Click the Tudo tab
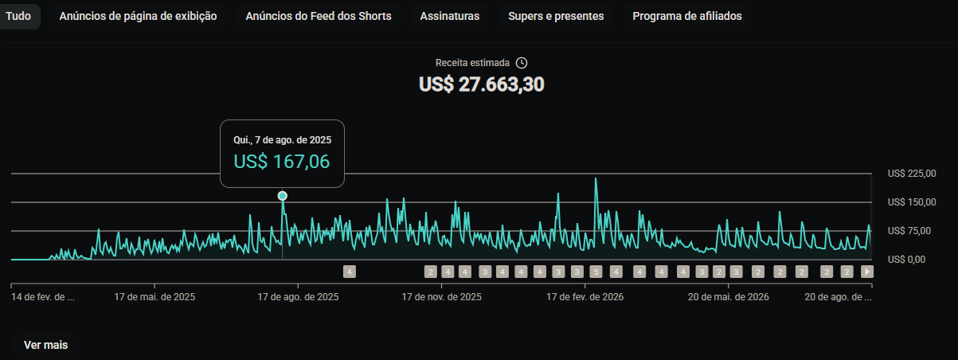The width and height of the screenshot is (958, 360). [18, 16]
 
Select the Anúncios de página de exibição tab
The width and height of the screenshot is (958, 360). [138, 16]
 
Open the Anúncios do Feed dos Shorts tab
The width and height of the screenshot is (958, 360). [319, 16]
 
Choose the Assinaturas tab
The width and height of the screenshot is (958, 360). [449, 16]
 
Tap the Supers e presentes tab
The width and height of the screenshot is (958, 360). [556, 16]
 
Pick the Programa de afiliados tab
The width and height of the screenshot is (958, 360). [687, 16]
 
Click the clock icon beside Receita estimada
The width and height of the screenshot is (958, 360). [522, 63]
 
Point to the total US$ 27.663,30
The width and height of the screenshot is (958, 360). [482, 84]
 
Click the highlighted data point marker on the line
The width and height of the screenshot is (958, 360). [282, 196]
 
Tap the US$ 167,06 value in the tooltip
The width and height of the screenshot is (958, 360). [281, 162]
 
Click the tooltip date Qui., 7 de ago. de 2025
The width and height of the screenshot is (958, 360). [282, 140]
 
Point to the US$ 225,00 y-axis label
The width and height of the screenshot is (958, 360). [912, 174]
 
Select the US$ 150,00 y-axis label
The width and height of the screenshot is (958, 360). [912, 202]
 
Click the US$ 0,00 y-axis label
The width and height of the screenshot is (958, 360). [906, 260]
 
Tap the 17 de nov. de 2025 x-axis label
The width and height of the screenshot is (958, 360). [441, 297]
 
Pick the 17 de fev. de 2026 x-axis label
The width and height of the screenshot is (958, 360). [585, 297]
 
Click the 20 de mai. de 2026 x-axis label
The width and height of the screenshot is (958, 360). [728, 297]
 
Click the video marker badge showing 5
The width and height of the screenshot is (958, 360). [596, 272]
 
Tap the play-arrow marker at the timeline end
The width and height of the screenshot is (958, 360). [867, 272]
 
